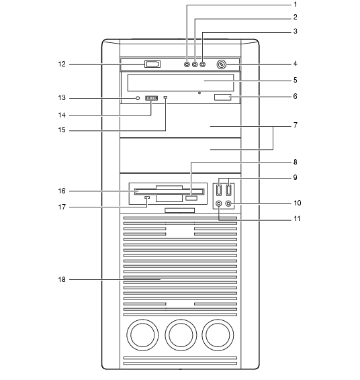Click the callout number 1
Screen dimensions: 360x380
tap(295, 4)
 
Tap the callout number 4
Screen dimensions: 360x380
tap(295, 64)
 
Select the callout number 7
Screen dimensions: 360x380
tap(295, 125)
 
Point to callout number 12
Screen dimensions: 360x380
tap(62, 64)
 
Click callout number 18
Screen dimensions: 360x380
tap(62, 279)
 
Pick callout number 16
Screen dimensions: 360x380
tap(62, 191)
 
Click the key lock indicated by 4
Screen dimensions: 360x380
tap(221, 64)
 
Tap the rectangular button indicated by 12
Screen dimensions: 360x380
tap(152, 64)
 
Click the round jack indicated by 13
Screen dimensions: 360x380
tap(138, 98)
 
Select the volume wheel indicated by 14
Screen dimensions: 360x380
tap(152, 98)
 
